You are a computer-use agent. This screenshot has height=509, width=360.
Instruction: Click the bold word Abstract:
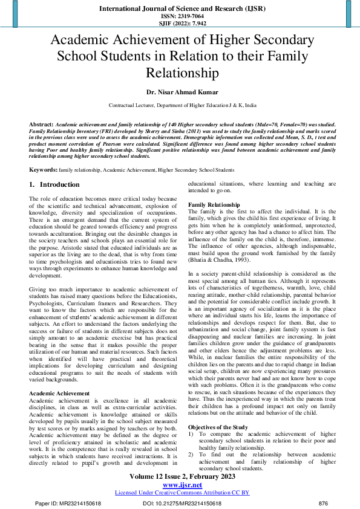[x=41, y=124]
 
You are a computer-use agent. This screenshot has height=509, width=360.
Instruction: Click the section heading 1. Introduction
[x=54, y=185]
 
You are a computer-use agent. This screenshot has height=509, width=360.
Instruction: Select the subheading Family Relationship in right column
[x=214, y=206]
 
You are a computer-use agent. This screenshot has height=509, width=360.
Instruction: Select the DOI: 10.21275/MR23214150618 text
[x=182, y=504]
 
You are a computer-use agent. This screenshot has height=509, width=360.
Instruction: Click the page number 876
[x=323, y=504]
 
